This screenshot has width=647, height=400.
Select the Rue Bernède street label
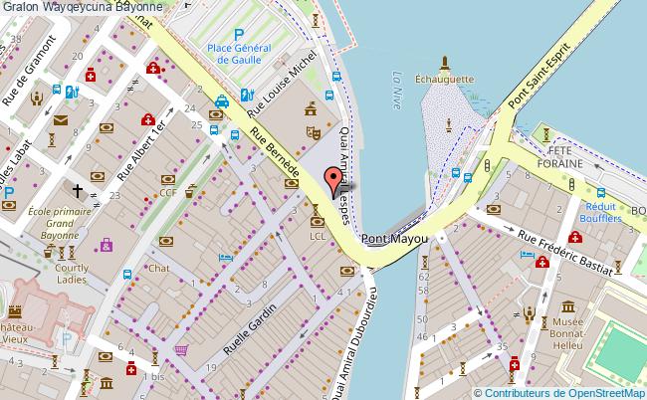pyautogui.click(x=275, y=155)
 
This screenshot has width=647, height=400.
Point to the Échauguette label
pyautogui.click(x=444, y=79)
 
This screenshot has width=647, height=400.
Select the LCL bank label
pyautogui.click(x=318, y=237)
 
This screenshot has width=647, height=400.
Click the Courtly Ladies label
pyautogui.click(x=72, y=274)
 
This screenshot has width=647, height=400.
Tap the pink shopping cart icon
pyautogui.click(x=181, y=349)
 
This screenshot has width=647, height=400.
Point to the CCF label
pyautogui.click(x=168, y=193)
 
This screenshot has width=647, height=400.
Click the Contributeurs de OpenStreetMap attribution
pyautogui.click(x=560, y=392)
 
